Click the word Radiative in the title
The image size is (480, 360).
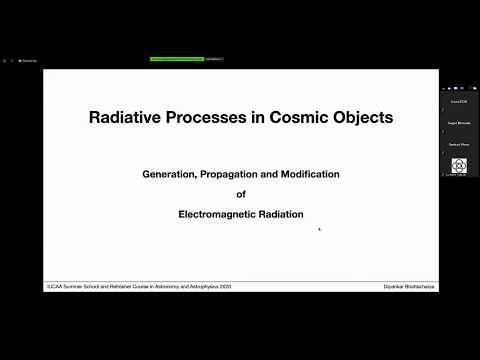point(126,117)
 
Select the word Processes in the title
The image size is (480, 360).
point(210,117)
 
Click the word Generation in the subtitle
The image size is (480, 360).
point(170,174)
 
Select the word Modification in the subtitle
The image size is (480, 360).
point(308,174)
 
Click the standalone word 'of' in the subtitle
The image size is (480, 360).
point(240,194)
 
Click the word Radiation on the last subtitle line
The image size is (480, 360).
point(279,214)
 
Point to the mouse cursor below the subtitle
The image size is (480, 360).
point(319,229)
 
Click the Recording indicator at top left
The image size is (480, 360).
point(26,60)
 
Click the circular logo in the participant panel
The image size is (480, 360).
point(459,165)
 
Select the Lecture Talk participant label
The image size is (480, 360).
point(459,175)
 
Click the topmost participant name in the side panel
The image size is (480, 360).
point(459,101)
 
